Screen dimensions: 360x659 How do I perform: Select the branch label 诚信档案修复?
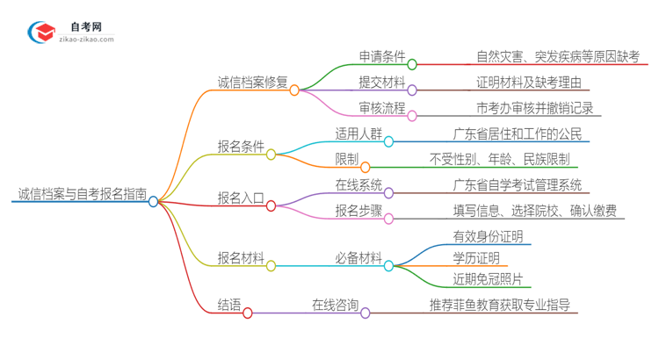(253, 83)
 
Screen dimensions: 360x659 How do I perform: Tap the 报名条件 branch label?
(242, 146)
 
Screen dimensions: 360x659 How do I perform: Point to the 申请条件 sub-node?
(382, 57)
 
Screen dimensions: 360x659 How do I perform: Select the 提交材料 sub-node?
(382, 83)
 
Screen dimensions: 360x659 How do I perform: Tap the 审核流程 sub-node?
(382, 109)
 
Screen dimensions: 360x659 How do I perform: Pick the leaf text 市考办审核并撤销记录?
(533, 109)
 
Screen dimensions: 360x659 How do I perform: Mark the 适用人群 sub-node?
(358, 134)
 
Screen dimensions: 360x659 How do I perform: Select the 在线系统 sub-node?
(358, 185)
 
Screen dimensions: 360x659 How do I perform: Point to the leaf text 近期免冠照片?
(488, 279)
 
